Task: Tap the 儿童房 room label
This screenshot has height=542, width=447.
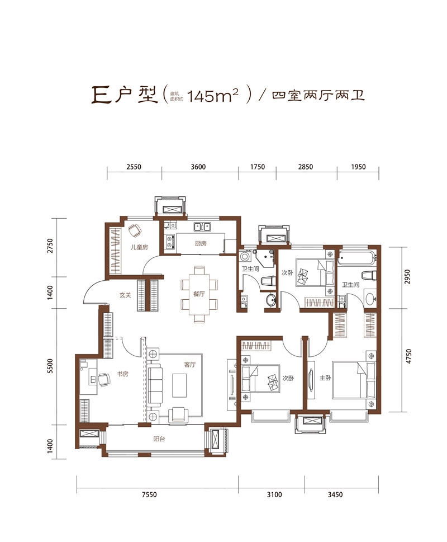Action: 139,247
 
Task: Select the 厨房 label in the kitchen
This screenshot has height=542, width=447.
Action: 201,244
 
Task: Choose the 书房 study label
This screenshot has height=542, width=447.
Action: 122,374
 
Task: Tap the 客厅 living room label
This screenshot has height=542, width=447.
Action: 191,365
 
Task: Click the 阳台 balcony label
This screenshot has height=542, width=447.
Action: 159,439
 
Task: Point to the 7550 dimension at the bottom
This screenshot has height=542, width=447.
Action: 150,494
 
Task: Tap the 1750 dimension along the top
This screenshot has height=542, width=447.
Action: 257,167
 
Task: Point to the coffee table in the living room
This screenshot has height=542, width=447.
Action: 180,385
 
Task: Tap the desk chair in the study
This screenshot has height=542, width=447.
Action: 104,380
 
